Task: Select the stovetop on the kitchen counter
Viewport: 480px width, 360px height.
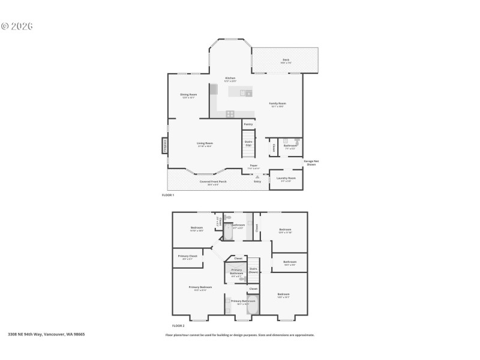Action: [230, 113]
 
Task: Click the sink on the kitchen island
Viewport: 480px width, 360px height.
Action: [245, 93]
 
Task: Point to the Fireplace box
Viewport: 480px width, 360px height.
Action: [164, 146]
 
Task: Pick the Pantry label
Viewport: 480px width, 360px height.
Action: [248, 124]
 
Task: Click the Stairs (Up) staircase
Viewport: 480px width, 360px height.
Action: [248, 143]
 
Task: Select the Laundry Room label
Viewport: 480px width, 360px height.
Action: [286, 179]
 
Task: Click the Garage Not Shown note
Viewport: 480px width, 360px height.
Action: [311, 163]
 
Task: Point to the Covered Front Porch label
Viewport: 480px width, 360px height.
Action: [213, 182]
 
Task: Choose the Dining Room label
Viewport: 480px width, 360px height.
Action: [188, 95]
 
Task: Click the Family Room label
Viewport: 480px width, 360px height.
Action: [277, 104]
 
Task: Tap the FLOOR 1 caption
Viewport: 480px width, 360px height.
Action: [168, 195]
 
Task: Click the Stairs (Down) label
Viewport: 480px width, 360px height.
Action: [253, 270]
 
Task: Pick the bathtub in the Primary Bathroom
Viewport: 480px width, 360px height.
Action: [252, 304]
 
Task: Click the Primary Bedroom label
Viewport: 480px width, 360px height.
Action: [200, 288]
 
